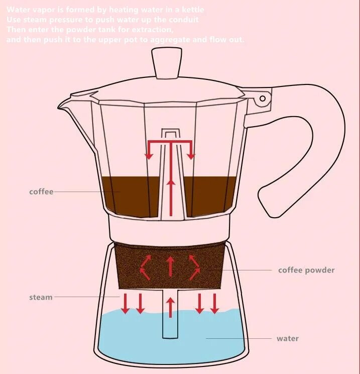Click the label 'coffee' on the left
[x=41, y=192]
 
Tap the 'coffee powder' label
[x=306, y=270]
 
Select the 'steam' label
[x=41, y=297]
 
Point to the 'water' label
[x=288, y=338]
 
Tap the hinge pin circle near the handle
[x=263, y=100]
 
